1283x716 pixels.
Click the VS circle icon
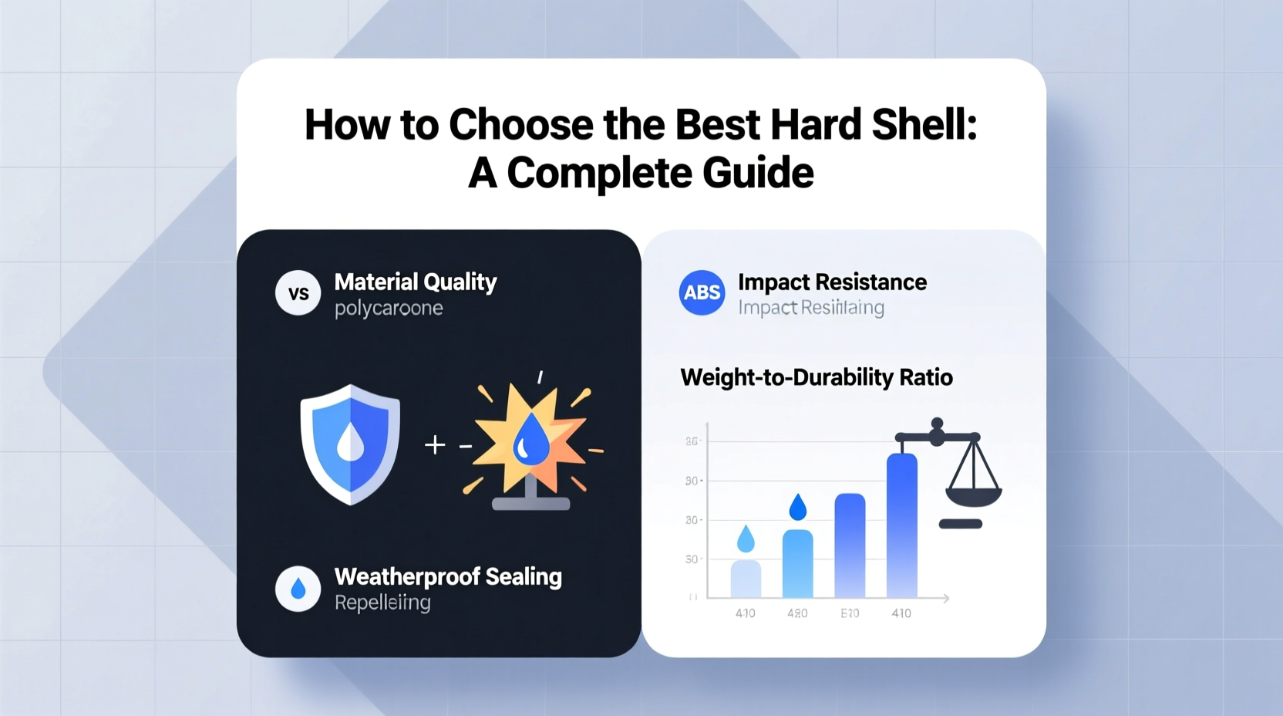pos(298,293)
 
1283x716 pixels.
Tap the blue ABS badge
pos(702,292)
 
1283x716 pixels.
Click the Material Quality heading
pos(415,282)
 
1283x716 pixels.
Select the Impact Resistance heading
pos(831,282)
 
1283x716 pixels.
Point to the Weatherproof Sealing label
pos(447,576)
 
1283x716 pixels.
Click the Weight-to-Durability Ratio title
pos(816,377)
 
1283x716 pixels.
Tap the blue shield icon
pos(350,444)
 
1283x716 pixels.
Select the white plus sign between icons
pos(435,444)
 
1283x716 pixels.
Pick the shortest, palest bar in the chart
pos(746,579)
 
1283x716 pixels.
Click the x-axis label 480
pos(797,613)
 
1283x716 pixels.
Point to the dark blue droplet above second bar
pos(798,507)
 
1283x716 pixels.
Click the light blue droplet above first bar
pos(746,539)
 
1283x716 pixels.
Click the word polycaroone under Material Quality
pos(389,309)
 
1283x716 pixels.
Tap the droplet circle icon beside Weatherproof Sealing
pos(298,589)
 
